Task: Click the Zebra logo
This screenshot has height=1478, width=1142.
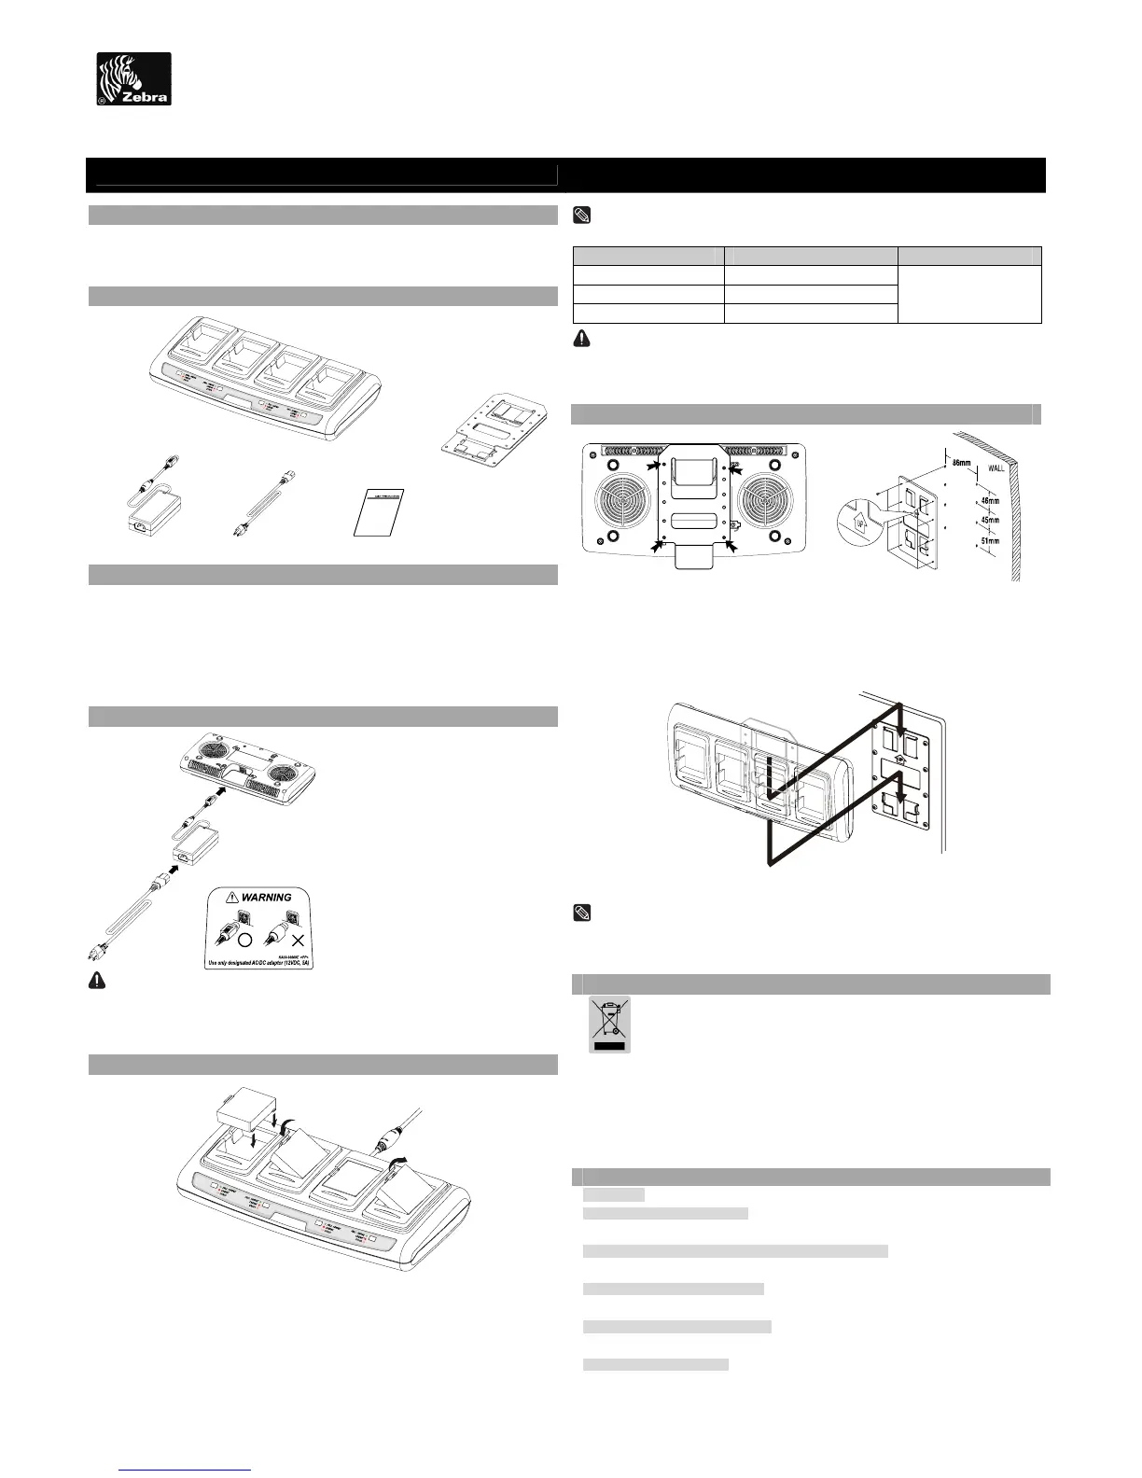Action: click(x=134, y=78)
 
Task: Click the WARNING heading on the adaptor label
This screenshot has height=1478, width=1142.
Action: click(x=267, y=897)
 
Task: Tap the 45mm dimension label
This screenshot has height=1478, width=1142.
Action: click(x=992, y=520)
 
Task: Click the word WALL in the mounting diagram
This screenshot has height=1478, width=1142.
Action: click(x=996, y=467)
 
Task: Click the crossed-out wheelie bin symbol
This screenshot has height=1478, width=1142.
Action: click(x=609, y=1024)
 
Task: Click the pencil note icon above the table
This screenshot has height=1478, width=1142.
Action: click(x=580, y=216)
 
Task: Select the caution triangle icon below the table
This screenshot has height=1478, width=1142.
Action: click(x=580, y=341)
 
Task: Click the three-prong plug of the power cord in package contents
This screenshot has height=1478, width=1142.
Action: click(x=236, y=531)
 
